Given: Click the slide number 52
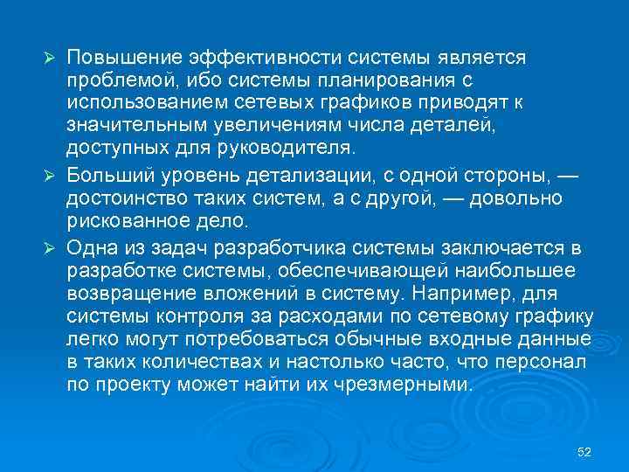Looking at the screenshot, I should tap(585, 452).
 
